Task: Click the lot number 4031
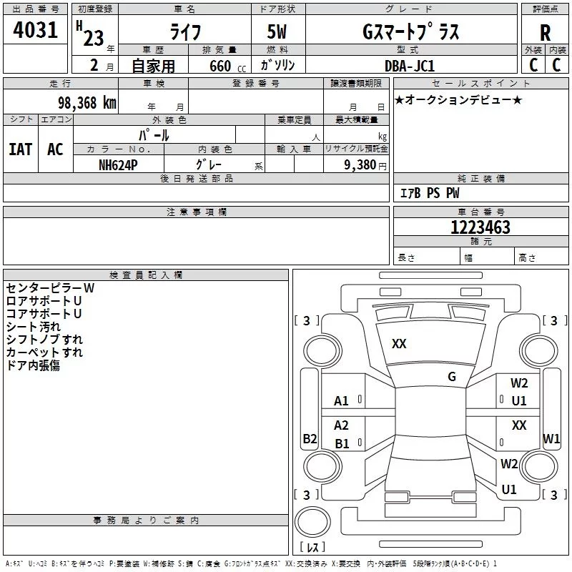36,30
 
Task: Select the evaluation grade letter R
545,32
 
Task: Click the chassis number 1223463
480,227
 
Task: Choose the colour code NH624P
118,164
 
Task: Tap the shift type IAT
21,149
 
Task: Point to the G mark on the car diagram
452,377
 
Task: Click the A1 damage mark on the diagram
342,401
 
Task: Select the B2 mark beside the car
310,439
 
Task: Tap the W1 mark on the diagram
551,438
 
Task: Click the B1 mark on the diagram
342,444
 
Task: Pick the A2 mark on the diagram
342,425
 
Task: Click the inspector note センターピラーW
50,288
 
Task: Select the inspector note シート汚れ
34,327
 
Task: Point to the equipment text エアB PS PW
429,193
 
